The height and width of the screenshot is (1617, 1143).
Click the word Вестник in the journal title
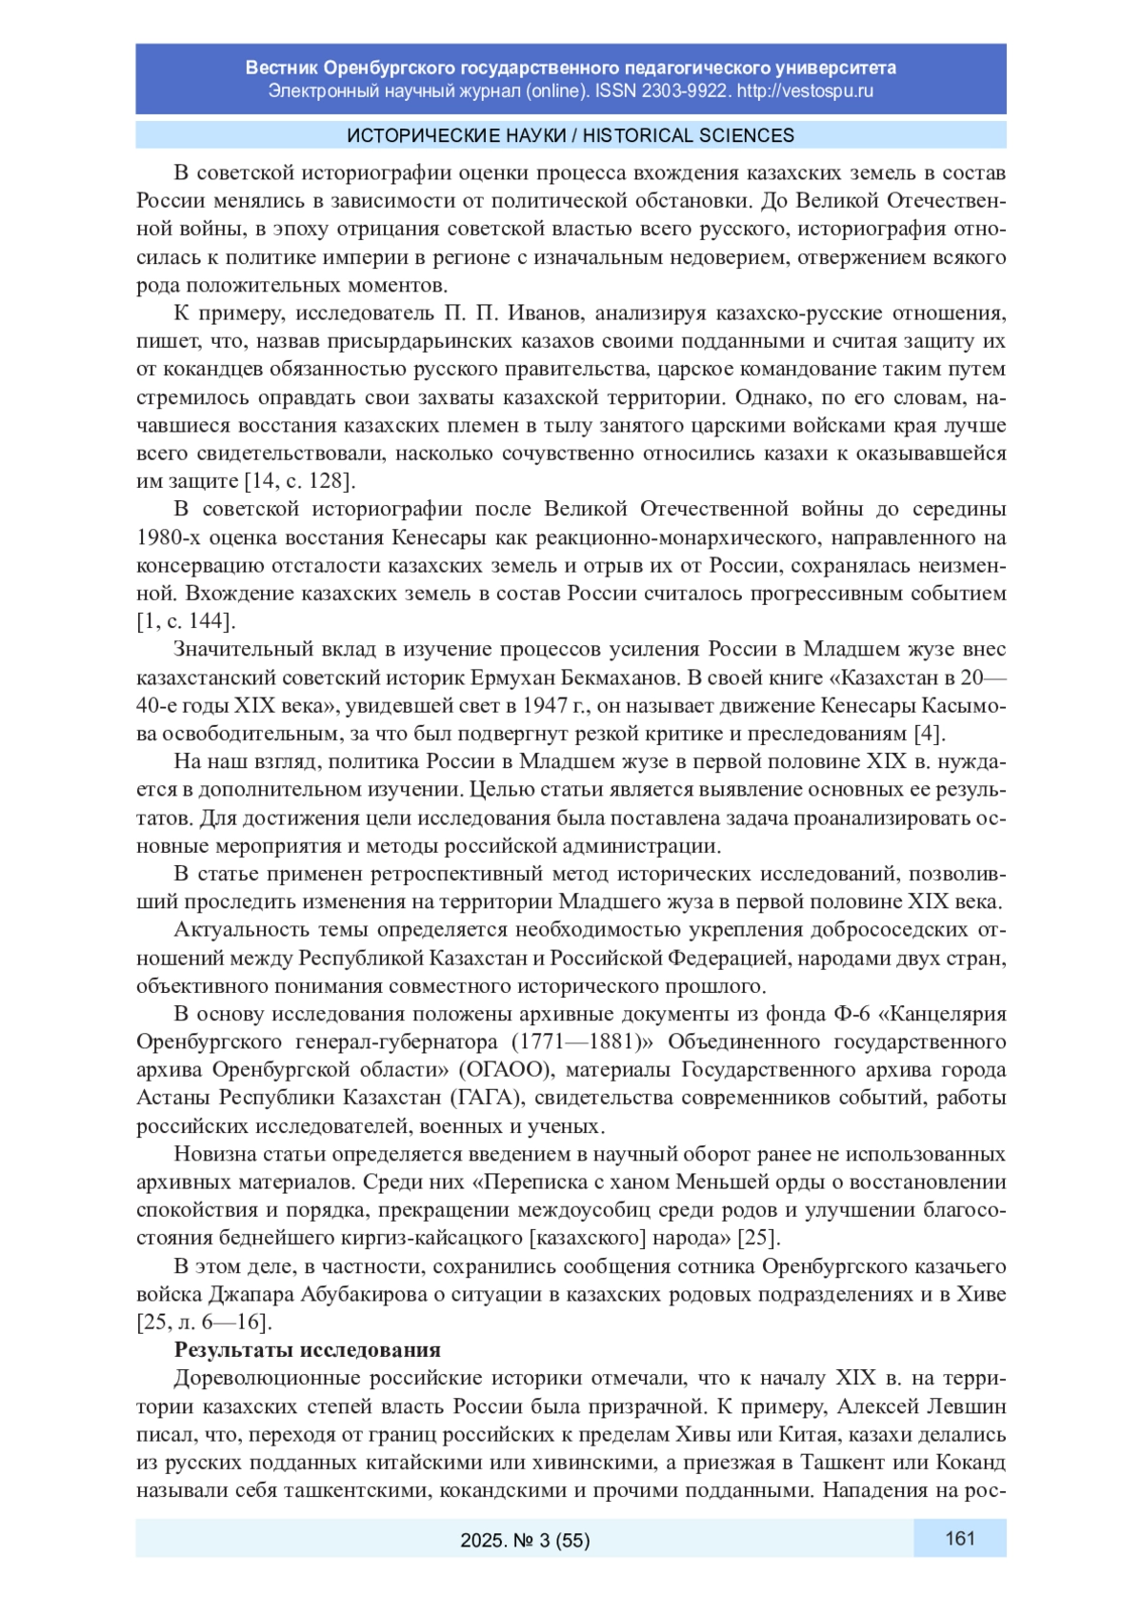pyautogui.click(x=282, y=68)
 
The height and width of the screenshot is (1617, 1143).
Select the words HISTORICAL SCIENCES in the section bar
pyautogui.click(x=688, y=135)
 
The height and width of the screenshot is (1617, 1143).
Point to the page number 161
pyautogui.click(x=959, y=1538)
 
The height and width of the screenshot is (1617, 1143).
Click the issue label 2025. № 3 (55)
pyautogui.click(x=525, y=1540)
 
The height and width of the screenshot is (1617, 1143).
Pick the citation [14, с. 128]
pyautogui.click(x=299, y=481)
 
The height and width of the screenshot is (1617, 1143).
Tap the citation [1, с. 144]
pyautogui.click(x=186, y=621)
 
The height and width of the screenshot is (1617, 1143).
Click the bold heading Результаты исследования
pyautogui.click(x=307, y=1349)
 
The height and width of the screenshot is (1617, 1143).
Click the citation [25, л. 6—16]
pyautogui.click(x=204, y=1323)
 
